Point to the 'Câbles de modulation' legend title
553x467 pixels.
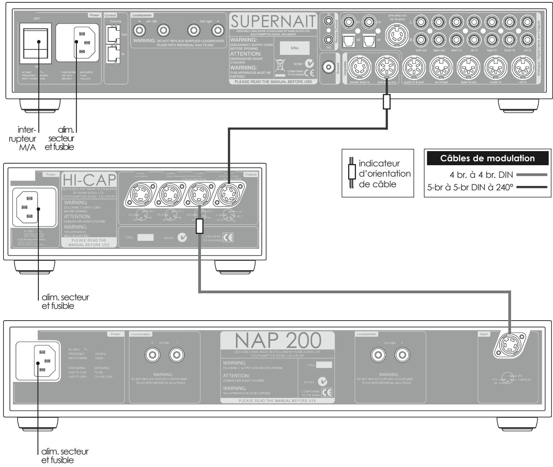(487, 159)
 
